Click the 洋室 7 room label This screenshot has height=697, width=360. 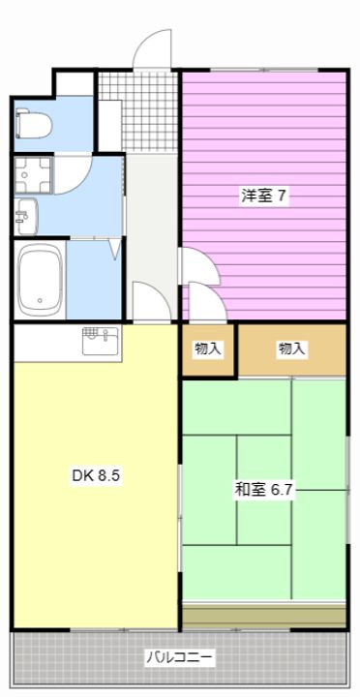point(263,196)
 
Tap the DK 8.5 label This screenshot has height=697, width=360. point(96,476)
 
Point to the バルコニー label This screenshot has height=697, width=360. point(180,657)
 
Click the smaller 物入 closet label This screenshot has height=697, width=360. point(207,348)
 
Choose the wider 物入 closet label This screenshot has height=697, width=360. point(291,348)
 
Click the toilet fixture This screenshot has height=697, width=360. point(33,125)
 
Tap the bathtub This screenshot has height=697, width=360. point(40,280)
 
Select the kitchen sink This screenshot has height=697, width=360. point(101,342)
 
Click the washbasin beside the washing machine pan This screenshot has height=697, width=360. point(26,217)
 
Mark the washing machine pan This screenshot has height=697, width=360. point(33,174)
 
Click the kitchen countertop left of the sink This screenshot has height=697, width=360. point(47,343)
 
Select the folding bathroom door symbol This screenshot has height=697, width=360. point(115,249)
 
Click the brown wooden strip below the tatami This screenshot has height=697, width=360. point(264,616)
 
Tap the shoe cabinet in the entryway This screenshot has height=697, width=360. point(109,126)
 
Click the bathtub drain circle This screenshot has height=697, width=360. point(41,299)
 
